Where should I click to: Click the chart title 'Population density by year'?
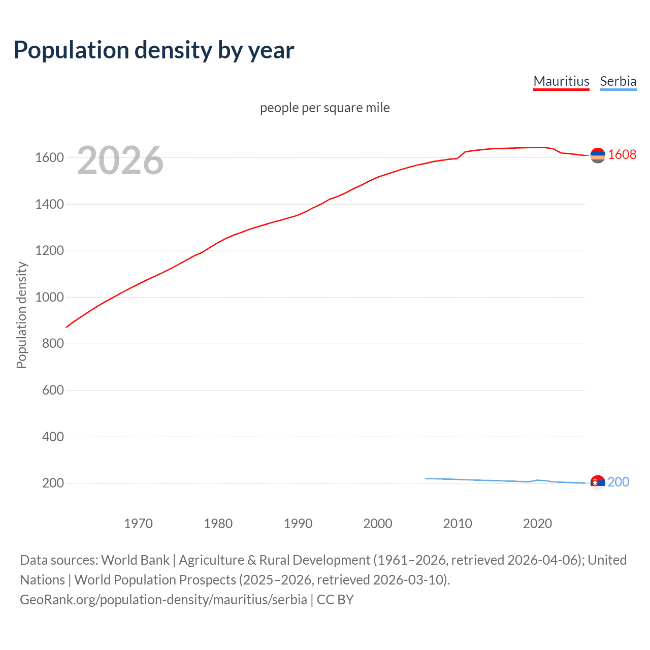(x=154, y=50)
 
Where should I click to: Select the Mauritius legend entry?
(x=561, y=81)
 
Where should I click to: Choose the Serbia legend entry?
(x=618, y=81)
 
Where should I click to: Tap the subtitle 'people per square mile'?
(x=325, y=108)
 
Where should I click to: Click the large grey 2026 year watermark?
(x=120, y=160)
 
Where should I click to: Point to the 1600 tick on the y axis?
(x=49, y=158)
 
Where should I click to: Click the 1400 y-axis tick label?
(x=49, y=205)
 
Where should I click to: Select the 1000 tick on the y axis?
(x=49, y=298)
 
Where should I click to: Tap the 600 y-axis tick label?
(x=53, y=391)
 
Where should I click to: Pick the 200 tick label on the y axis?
(x=53, y=483)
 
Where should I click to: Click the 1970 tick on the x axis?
(x=138, y=524)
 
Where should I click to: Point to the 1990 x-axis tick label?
(x=298, y=524)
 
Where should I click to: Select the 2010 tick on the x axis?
(x=458, y=524)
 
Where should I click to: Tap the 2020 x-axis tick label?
(x=537, y=524)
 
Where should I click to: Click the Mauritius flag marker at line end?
(x=598, y=155)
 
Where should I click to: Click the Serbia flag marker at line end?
(x=598, y=482)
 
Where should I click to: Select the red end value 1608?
(x=622, y=154)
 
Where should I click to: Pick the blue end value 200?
(x=619, y=482)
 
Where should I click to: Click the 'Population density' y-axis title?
(x=21, y=315)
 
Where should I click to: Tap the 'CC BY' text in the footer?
(x=335, y=600)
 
